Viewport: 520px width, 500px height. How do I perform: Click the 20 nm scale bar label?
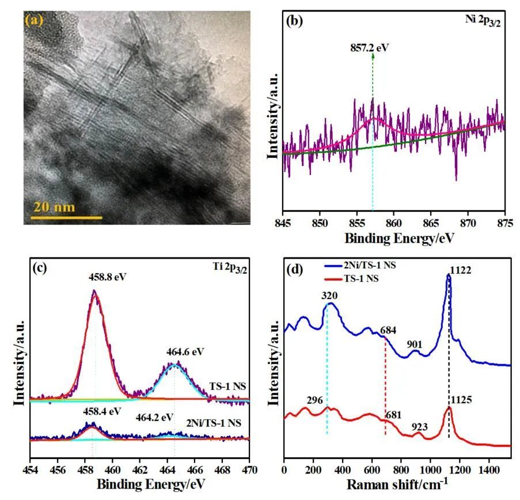point(52,207)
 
